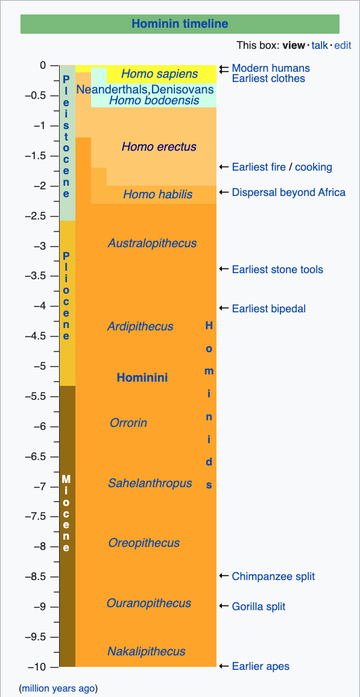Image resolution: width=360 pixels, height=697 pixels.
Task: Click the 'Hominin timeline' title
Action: (x=180, y=24)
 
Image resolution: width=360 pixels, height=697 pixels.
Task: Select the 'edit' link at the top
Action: (x=343, y=45)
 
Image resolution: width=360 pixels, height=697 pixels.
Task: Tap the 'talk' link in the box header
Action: (x=319, y=45)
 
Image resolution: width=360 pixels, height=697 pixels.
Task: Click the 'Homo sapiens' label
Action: (x=160, y=74)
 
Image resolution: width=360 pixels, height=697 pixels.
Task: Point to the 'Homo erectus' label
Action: (x=159, y=147)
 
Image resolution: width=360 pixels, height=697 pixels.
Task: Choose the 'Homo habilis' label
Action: (x=158, y=194)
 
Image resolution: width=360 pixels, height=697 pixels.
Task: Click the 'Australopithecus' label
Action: (x=152, y=243)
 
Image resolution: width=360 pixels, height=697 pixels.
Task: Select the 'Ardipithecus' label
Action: (x=140, y=327)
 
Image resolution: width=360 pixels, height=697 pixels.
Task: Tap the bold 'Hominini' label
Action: (x=142, y=378)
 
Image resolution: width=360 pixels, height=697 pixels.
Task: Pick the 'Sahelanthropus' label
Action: (x=150, y=483)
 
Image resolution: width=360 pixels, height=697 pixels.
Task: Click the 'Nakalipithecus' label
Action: (x=146, y=652)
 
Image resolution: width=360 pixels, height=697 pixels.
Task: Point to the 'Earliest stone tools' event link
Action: (x=278, y=270)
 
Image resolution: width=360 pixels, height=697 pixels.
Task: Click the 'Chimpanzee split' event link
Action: (x=273, y=576)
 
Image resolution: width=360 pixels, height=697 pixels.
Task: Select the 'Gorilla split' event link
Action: (x=259, y=607)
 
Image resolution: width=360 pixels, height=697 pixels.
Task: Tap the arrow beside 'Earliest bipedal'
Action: (x=224, y=309)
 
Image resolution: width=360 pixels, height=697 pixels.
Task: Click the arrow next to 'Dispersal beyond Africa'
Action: (x=224, y=192)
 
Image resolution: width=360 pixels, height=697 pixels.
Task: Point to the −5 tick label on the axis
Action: (x=42, y=366)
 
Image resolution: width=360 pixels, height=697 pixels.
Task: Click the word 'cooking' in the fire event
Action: (x=314, y=167)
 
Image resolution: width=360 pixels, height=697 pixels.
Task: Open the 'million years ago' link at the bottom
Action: (x=58, y=689)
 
